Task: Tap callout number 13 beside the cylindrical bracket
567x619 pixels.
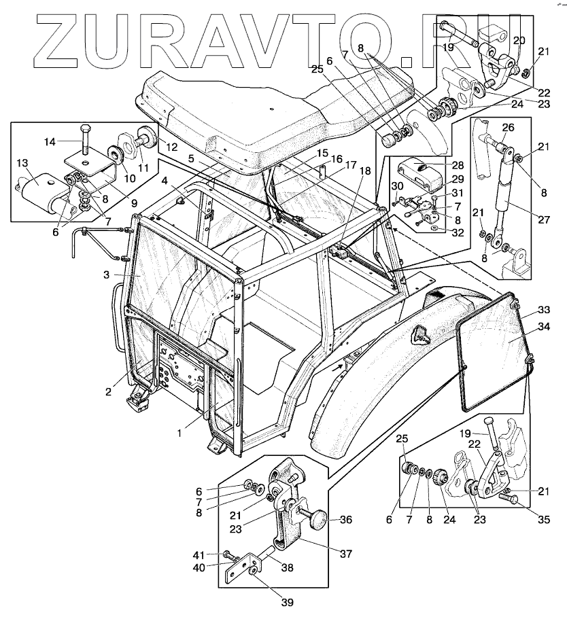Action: (x=22, y=163)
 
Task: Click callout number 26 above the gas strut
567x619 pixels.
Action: (x=507, y=126)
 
